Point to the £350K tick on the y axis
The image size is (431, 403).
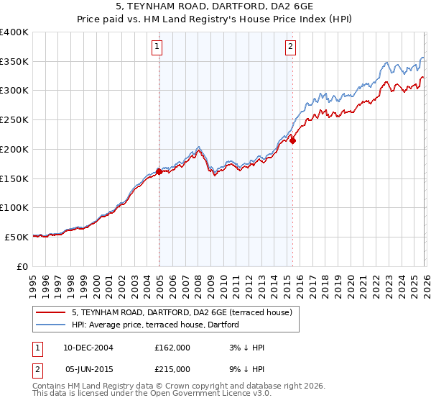point(14,61)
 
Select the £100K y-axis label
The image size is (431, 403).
point(14,207)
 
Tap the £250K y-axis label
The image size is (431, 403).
point(14,119)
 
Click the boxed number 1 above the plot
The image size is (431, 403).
point(157,47)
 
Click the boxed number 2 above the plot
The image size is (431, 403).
point(290,47)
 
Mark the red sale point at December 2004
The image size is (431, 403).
point(159,171)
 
